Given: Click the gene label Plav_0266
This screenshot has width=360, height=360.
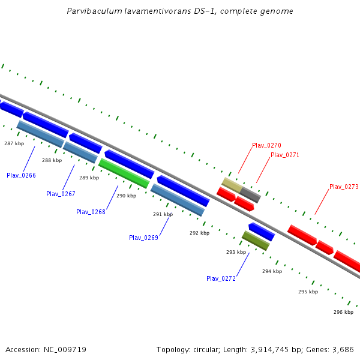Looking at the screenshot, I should pos(21,175).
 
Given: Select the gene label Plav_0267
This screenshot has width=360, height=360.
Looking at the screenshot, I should pos(61,194).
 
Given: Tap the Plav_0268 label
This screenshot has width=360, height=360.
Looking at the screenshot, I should pos(91,212).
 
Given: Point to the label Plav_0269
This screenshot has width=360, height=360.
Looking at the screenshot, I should pos(143,238).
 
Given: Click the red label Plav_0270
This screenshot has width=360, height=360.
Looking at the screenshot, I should pos(266,145).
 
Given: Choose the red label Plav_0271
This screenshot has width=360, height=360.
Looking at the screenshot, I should pos(284,155).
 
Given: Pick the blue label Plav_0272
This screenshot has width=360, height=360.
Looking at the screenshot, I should pos(221,278).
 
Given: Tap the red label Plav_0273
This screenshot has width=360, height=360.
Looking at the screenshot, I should pos(344,187).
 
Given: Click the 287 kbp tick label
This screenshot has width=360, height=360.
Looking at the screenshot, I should pos(14,143).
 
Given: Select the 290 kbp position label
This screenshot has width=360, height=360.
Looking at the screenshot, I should pos(126,196).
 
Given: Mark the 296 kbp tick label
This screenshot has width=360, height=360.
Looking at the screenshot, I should pos(343,312).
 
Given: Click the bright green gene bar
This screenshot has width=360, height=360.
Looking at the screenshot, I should pos(124,173).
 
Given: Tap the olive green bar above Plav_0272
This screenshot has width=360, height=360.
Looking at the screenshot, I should pos(256,241).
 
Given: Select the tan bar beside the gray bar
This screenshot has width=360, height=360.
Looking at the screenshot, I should pos(232,185).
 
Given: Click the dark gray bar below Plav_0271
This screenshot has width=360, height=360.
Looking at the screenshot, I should pos(250,194).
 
